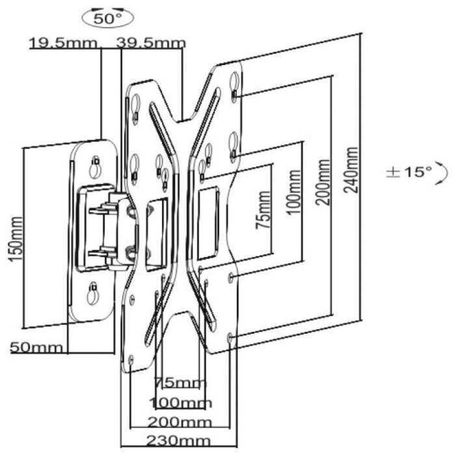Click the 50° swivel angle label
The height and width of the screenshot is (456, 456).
(107, 19)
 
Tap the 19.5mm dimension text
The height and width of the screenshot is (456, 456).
(63, 43)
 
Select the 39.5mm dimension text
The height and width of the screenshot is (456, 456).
(151, 43)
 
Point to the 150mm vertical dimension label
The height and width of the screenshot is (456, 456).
(16, 239)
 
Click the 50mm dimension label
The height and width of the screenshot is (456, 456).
(36, 347)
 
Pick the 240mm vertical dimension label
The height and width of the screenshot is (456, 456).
(351, 170)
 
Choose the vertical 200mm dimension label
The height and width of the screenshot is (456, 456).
(323, 182)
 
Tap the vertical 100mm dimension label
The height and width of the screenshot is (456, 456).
(294, 192)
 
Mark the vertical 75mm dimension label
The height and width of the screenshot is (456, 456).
(263, 209)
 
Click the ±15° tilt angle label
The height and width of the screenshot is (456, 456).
(409, 172)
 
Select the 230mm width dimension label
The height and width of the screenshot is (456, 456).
(178, 441)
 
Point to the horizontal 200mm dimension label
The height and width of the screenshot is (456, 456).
(180, 422)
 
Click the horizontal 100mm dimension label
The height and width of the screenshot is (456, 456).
(180, 403)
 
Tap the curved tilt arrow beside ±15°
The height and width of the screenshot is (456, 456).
(444, 173)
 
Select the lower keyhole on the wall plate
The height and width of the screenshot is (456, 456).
(92, 293)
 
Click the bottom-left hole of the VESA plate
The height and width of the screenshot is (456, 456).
(131, 359)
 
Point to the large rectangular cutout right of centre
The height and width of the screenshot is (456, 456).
(208, 223)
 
